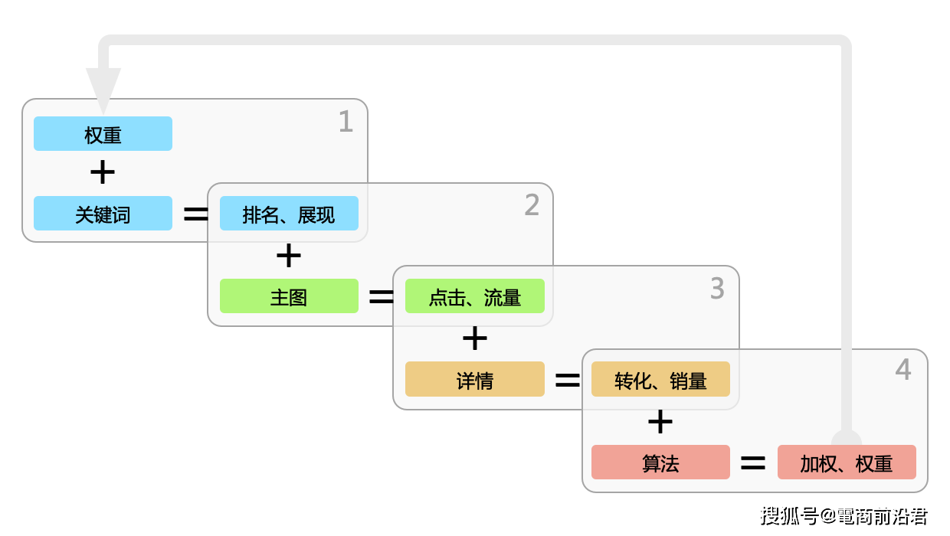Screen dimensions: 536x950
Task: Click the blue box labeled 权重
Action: point(103,134)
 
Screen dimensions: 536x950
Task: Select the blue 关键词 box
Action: point(103,214)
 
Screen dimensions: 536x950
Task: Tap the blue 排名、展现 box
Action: point(289,214)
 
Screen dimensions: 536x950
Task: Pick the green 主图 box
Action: point(289,296)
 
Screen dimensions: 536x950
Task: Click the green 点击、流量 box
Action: point(474,296)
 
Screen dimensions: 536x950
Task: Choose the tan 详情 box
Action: point(474,379)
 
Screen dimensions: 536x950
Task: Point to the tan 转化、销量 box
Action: point(660,379)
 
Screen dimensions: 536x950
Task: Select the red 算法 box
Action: point(660,462)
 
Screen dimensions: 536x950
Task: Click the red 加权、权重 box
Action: point(847,462)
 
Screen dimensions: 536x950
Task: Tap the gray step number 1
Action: point(346,123)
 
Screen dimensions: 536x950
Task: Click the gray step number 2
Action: point(532,205)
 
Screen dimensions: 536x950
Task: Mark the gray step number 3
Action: point(717,289)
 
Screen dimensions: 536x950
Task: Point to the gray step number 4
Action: point(903,371)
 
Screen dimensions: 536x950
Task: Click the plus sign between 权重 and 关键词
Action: point(103,173)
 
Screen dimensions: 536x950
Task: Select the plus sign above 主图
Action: point(289,256)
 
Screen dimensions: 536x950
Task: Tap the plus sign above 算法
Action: point(660,422)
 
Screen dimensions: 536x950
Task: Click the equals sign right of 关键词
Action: point(196,214)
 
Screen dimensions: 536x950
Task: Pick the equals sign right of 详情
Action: point(568,380)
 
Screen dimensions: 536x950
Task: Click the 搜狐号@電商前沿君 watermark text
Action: point(844,515)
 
